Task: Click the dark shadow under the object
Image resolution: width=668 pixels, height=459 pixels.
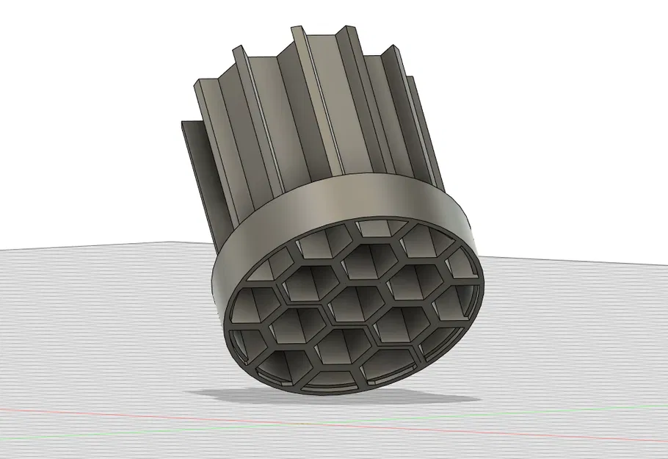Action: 411,397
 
